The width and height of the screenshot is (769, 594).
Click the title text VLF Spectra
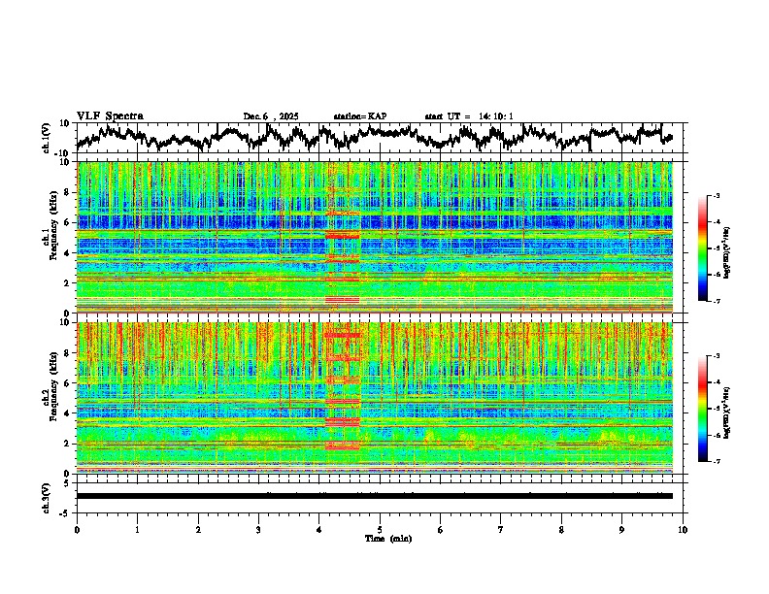coord(110,116)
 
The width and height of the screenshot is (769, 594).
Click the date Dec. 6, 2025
coord(271,116)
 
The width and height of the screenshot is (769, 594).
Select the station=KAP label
coord(359,116)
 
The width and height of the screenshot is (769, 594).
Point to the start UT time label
coord(469,116)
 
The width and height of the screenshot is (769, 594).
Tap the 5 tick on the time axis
coord(380,529)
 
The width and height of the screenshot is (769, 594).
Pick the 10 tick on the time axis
coord(684,529)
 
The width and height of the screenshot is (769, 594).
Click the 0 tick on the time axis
coord(77,529)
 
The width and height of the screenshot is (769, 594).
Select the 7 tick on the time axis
coord(501,529)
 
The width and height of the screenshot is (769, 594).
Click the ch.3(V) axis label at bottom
coord(48,495)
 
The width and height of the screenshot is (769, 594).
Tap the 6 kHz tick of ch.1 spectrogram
coord(68,222)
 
